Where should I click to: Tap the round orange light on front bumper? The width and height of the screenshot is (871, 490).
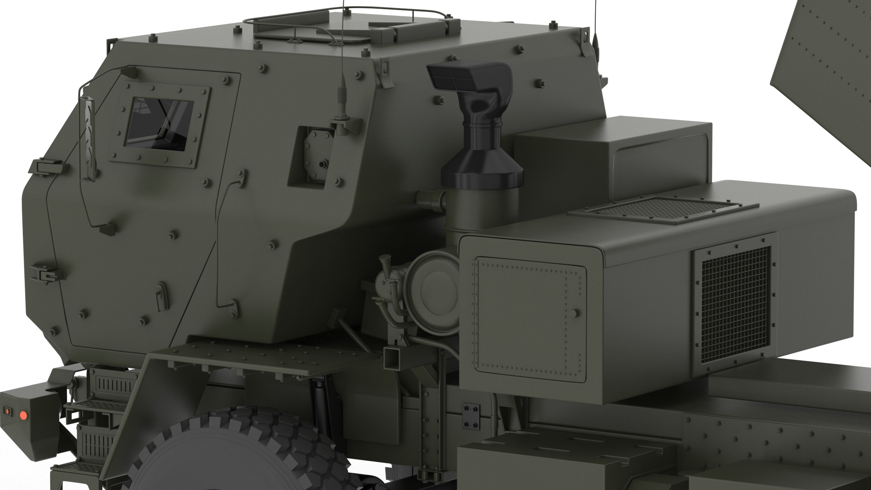tap(24, 415)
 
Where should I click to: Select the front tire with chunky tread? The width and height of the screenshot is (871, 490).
tap(245, 453)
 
